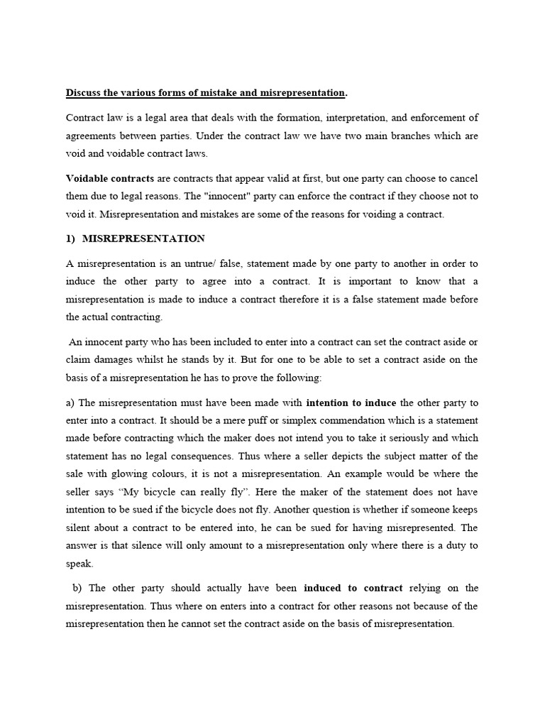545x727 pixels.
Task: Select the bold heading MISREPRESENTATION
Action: (144, 239)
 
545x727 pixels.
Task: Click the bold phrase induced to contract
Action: (353, 588)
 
